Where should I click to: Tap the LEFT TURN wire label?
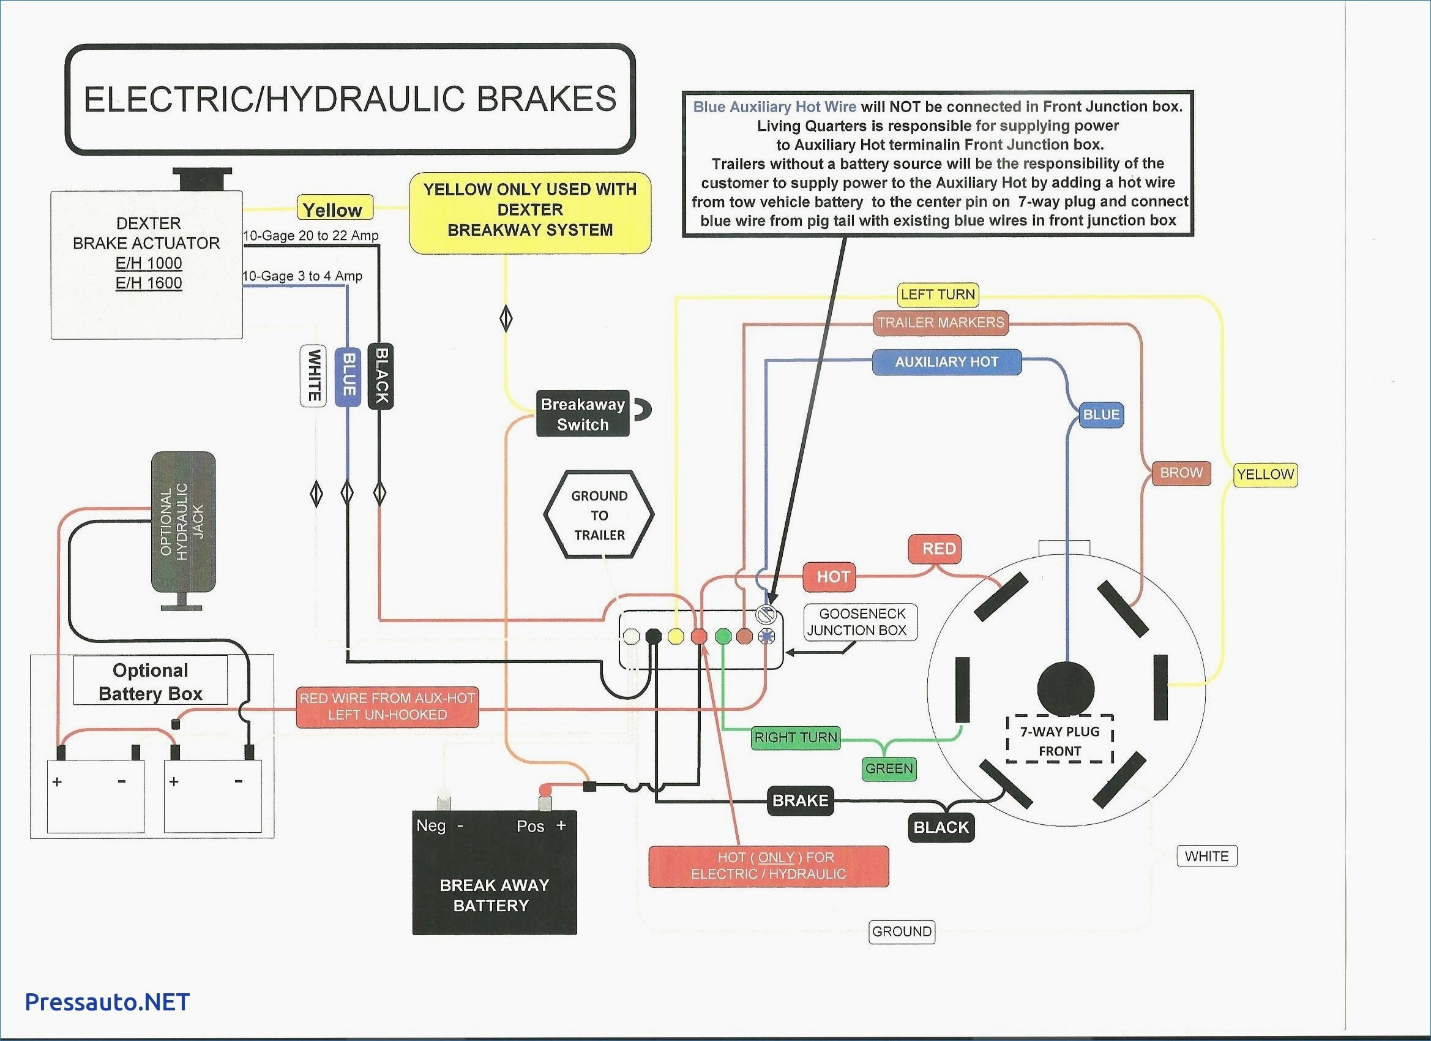[x=938, y=294]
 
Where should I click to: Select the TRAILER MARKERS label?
[x=940, y=323]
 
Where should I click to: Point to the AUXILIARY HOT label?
[x=946, y=363]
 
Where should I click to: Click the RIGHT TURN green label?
[x=796, y=737]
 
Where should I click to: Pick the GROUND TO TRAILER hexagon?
[x=599, y=514]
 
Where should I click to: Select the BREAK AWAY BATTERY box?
[x=495, y=872]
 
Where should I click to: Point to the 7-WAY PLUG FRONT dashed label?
[x=1060, y=740]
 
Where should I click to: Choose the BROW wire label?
[x=1181, y=473]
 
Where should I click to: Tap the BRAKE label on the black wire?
[x=800, y=800]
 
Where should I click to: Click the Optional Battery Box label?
[x=151, y=682]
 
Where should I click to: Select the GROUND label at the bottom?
[x=902, y=931]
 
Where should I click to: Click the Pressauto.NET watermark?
[x=107, y=1001]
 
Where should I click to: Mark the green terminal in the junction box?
[x=723, y=636]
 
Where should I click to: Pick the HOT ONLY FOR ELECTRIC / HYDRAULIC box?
[x=769, y=865]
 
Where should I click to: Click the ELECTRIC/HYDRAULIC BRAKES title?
[x=350, y=99]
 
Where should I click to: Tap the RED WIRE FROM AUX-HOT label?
[x=387, y=707]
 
